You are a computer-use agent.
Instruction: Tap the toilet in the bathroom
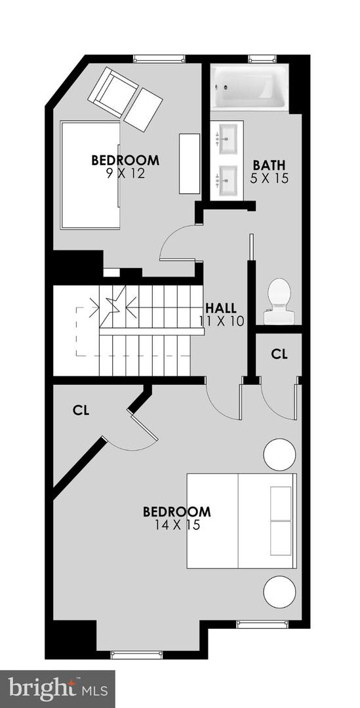[x=279, y=301]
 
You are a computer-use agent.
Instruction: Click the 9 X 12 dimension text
[x=125, y=174]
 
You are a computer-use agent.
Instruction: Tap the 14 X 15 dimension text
[x=176, y=524]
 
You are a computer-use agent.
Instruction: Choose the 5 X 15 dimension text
[x=269, y=178]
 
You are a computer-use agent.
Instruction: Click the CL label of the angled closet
[x=81, y=411]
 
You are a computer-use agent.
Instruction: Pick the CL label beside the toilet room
[x=279, y=354]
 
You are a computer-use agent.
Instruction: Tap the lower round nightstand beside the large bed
[x=279, y=591]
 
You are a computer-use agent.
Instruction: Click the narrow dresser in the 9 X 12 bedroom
[x=190, y=163]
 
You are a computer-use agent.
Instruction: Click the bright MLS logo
[x=58, y=688]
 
